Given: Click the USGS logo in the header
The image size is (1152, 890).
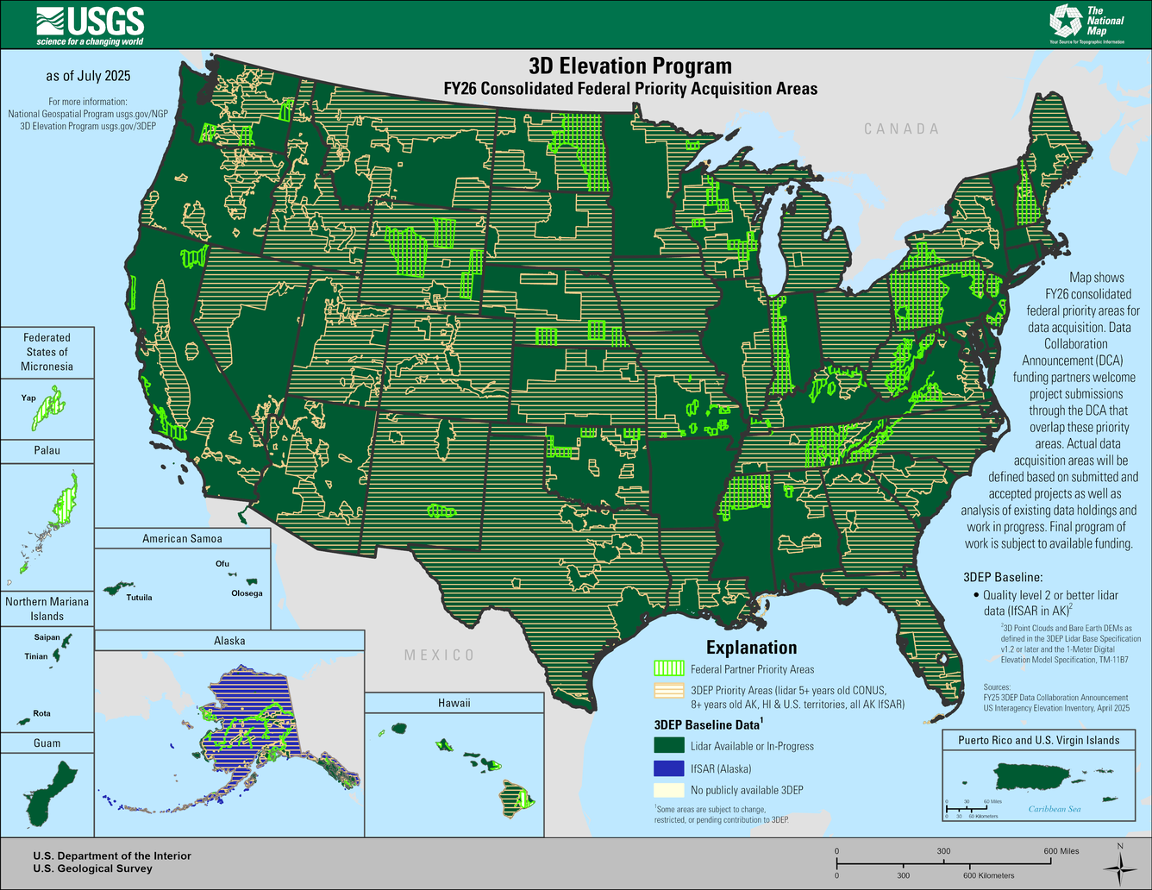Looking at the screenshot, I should pos(90,25).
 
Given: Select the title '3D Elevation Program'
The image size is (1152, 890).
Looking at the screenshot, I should pos(629,66).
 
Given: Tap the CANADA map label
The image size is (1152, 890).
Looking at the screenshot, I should pos(901,128).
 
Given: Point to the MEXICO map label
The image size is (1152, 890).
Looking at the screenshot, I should pos(439,655).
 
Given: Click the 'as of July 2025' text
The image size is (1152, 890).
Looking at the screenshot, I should pos(88,76).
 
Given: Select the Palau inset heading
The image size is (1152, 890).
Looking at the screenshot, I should pos(47,450).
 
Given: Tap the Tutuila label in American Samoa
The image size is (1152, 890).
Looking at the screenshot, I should pos(139,597).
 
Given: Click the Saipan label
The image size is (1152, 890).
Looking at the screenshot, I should pos(47,637).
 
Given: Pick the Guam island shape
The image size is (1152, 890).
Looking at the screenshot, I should pos(43,793).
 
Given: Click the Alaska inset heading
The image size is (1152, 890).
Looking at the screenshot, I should pos(229,641).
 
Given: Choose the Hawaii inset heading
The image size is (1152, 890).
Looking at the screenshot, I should pos(454,703).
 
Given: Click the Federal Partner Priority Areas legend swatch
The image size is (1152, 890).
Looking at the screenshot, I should pos(669,669).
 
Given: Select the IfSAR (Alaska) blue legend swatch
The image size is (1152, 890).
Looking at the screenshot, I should pos(669,768).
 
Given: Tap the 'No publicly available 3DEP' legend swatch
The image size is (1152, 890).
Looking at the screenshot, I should pos(669,790).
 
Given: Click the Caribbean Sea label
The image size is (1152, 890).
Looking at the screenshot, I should pos(1054,809).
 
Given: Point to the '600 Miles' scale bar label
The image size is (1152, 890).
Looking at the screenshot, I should pos(1061,851).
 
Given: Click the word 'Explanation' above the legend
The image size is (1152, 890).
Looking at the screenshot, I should pos(751,648).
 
